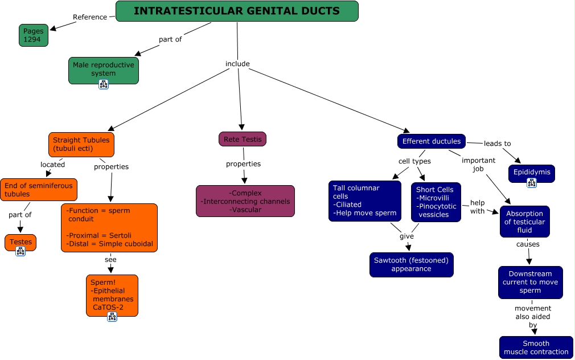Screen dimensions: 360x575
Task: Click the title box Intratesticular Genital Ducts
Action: pos(237,11)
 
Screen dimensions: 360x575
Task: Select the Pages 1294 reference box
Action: pos(33,35)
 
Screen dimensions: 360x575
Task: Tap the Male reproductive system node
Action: pos(103,69)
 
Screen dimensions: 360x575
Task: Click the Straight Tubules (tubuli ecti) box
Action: pos(81,144)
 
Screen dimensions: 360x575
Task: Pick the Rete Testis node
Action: pos(242,139)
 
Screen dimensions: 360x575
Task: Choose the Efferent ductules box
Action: pos(431,141)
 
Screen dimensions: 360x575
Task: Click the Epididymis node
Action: pos(531,171)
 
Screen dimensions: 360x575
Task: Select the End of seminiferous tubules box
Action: pos(38,190)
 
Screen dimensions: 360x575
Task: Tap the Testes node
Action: pos(20,242)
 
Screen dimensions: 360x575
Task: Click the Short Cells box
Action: pos(436,202)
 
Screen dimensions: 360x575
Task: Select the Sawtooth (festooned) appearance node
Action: pos(411,264)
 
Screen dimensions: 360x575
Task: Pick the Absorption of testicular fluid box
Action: pos(524,222)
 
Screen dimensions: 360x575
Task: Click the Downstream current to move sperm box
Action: pos(530,282)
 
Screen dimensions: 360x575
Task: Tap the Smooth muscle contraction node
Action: pos(536,347)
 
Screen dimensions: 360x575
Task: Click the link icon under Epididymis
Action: pos(531,183)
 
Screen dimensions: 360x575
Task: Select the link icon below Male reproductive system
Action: pos(104,84)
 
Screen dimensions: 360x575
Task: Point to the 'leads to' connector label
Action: pos(497,144)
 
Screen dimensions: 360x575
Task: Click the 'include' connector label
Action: pos(237,64)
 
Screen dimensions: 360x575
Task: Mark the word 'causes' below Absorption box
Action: pos(528,244)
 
